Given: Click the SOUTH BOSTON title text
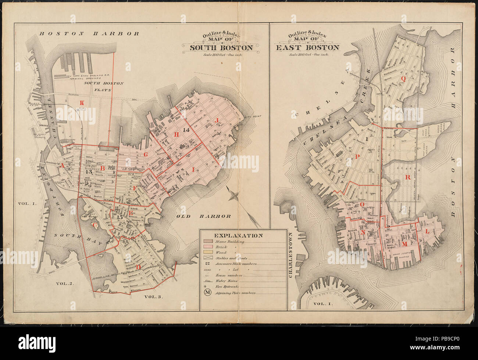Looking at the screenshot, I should [221, 47].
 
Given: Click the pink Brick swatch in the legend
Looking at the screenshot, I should [207, 247].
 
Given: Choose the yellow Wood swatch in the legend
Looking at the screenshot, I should [207, 253].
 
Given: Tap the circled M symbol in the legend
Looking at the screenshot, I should [208, 293].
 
